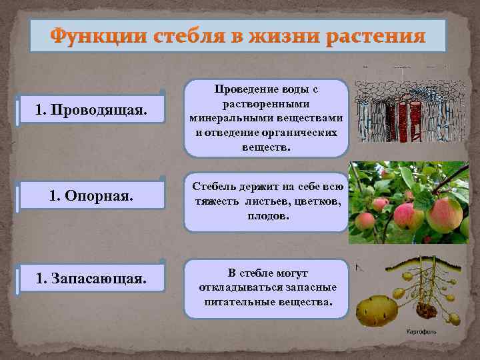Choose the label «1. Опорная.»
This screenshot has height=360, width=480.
[x=91, y=197]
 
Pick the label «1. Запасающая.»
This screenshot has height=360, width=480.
[x=91, y=277]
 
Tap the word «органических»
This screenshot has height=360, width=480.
[x=305, y=132]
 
